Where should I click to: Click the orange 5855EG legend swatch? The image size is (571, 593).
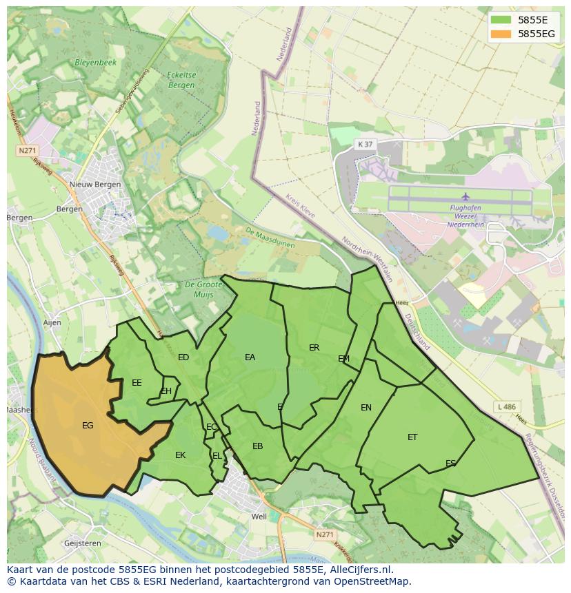(x=501, y=34)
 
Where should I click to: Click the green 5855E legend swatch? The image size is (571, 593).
(x=501, y=20)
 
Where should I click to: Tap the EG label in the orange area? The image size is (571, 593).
(x=88, y=426)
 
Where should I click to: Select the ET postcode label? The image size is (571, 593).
(x=412, y=437)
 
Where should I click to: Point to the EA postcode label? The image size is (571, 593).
(x=250, y=357)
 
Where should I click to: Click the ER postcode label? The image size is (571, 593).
(x=314, y=348)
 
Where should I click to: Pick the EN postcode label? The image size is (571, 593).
(x=366, y=408)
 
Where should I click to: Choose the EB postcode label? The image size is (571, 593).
(x=257, y=446)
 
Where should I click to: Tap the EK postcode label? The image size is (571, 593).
(x=180, y=455)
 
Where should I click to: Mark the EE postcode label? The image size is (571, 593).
(x=137, y=383)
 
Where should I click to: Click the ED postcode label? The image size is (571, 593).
(x=183, y=357)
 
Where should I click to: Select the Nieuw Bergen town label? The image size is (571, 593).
(x=95, y=185)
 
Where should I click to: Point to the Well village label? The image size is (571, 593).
(x=259, y=517)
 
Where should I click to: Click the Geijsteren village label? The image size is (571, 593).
(x=82, y=543)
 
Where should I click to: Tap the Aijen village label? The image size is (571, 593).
(x=52, y=322)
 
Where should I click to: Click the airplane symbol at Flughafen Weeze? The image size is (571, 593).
(x=465, y=196)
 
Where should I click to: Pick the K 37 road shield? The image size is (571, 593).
(x=365, y=144)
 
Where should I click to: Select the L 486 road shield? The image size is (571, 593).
(x=506, y=408)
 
